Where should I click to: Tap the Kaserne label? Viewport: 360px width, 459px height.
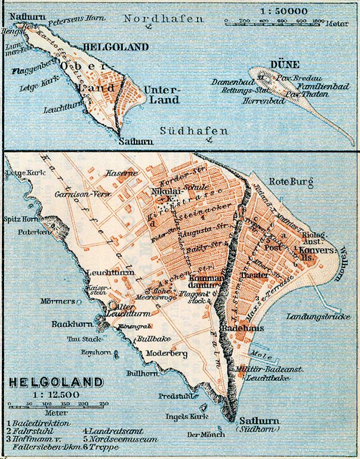tap(118, 173)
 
